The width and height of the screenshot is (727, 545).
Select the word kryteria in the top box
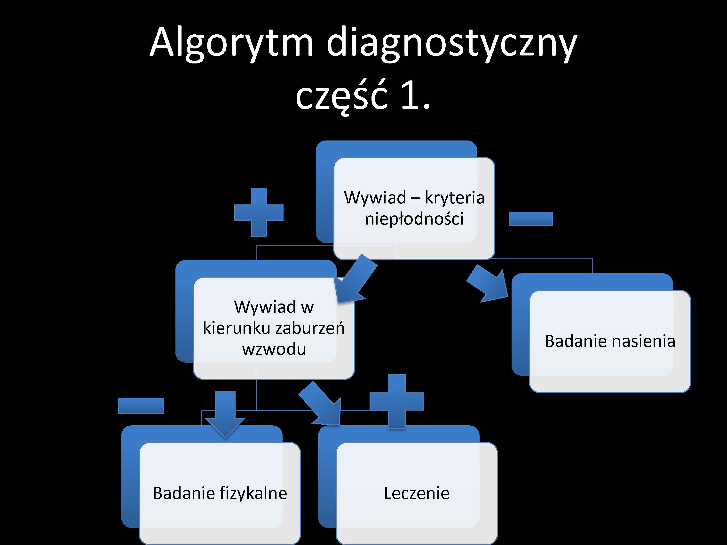[x=455, y=198]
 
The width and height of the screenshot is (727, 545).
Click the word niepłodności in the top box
[x=414, y=219]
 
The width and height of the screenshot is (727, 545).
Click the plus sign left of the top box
[x=259, y=212]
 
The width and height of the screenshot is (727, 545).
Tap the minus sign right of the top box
[x=531, y=219]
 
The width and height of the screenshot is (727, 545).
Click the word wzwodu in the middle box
[x=274, y=349]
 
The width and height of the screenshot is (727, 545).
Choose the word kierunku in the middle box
[x=236, y=328]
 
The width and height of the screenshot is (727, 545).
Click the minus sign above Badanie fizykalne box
[x=141, y=405]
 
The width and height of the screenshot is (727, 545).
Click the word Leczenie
[x=416, y=493]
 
